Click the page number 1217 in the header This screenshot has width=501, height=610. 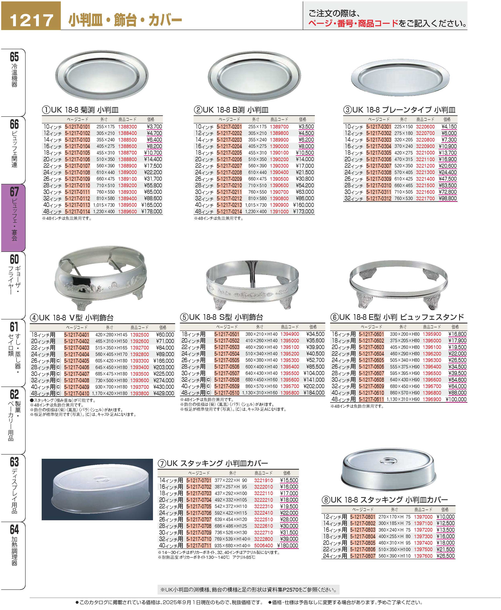[31, 20]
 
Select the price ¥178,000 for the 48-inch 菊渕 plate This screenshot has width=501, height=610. [152, 212]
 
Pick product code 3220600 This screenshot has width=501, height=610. [425, 127]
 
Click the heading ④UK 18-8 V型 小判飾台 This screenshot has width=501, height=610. [72, 318]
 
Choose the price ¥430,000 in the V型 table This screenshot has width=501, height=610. [164, 387]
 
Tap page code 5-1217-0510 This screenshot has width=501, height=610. [227, 393]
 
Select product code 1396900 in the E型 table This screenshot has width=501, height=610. [432, 399]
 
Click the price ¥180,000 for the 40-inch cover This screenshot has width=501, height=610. [287, 545]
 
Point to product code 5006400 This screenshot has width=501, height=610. [263, 545]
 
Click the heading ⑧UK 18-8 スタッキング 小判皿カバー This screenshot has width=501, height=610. [385, 500]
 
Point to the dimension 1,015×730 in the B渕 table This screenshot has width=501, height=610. [255, 205]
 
